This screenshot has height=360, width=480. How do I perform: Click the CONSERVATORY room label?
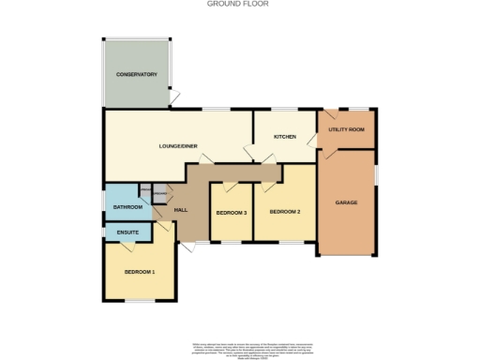pos(136,74)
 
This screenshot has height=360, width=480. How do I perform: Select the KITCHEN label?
pos(285,137)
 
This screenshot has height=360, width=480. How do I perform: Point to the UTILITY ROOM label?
pos(348,128)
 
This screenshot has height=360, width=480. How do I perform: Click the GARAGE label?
pos(348,202)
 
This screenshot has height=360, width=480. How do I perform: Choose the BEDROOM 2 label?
pos(285,212)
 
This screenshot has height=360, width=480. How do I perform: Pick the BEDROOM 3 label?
pos(231,213)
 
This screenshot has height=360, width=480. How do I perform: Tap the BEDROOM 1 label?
pos(140,272)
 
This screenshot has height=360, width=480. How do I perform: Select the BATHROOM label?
pos(127,206)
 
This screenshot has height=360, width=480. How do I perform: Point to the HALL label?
pos(181,211)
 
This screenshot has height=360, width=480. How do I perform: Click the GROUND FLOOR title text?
pos(239,4)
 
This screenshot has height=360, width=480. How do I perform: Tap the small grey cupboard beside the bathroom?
pos(159,194)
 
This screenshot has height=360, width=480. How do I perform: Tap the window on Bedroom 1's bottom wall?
pos(140,301)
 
